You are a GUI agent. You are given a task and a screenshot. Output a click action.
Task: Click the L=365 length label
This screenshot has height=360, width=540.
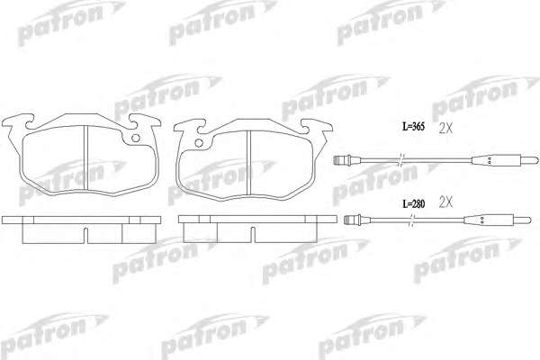tap(414, 127)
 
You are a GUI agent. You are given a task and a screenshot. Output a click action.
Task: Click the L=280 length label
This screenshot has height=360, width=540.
tap(414, 204)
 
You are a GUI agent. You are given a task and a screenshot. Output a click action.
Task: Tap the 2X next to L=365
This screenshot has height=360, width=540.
tap(445, 129)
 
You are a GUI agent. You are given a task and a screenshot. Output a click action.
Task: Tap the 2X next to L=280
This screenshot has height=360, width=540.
tap(445, 202)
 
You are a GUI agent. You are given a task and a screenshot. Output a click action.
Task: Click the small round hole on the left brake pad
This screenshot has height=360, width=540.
tap(136, 138)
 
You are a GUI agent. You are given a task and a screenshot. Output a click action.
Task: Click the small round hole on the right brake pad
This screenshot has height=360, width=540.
tap(199, 143)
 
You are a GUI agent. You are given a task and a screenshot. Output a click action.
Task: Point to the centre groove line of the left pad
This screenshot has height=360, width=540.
tap(86, 157)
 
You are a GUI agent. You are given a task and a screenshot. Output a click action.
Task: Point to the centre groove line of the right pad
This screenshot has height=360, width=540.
tap(249, 163)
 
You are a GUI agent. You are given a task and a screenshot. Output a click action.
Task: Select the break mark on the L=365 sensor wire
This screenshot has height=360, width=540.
tap(400, 160)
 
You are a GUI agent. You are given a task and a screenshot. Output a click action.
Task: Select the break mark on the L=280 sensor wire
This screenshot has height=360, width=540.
tap(412, 220)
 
